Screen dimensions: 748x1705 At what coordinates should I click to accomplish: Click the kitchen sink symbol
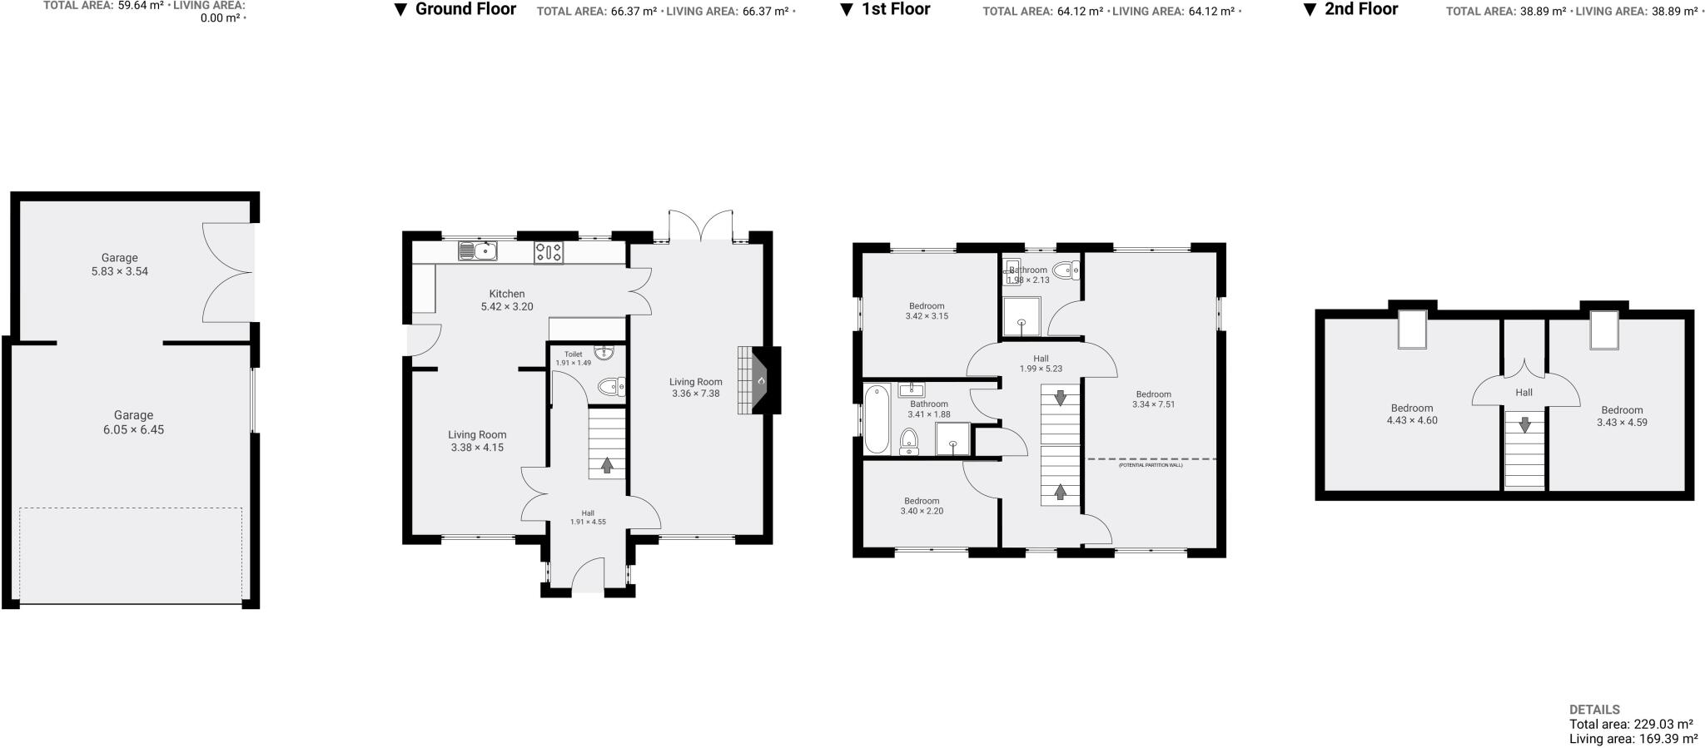(477, 250)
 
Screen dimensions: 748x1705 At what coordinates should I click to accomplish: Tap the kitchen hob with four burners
(548, 252)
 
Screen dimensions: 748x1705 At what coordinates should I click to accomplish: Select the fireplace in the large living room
(760, 380)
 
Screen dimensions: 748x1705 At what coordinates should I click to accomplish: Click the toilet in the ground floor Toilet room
(611, 386)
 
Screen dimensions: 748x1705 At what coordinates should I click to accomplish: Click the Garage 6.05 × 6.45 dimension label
(133, 423)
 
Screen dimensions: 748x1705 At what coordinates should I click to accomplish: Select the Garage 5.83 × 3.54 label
(120, 265)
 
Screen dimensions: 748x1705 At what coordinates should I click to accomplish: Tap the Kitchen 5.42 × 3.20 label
(507, 300)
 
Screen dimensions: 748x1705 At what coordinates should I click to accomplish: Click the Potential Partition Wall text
(1150, 465)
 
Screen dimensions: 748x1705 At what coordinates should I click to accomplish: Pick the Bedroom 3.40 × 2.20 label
(922, 506)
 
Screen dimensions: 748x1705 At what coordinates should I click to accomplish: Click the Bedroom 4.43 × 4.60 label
(1412, 414)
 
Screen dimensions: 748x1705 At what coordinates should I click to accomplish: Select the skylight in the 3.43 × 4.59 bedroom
(1603, 329)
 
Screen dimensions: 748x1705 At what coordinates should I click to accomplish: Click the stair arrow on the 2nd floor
(1524, 424)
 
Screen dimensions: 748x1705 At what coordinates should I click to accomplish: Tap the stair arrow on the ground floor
(607, 465)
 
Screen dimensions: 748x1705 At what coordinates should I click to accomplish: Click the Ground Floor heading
(465, 10)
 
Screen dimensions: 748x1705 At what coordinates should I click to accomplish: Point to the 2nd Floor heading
(1361, 10)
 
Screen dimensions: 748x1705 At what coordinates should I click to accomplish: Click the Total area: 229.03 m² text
(1631, 725)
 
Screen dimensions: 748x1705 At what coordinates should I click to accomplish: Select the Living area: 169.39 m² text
(1633, 739)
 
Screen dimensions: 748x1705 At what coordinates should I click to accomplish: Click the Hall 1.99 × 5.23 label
(1041, 364)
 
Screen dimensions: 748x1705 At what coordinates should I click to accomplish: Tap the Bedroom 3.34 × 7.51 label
(1153, 399)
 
